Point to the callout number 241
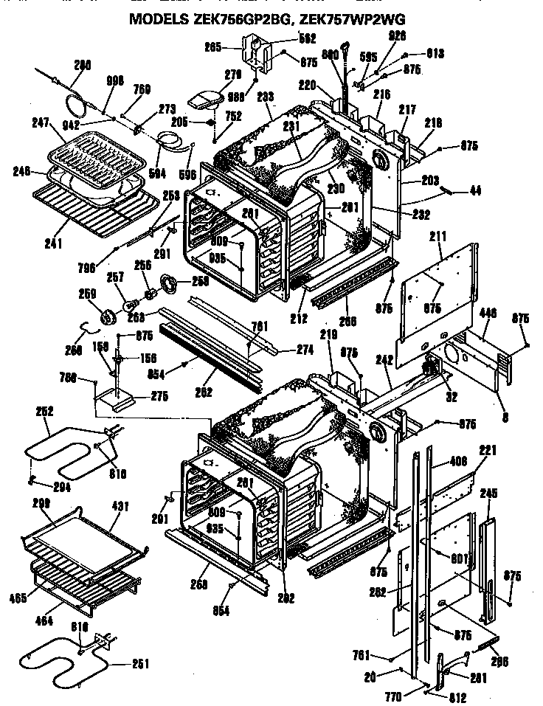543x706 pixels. coord(53,241)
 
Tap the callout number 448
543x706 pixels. coord(486,314)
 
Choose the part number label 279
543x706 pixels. coord(212,74)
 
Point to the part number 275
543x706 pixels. coord(159,396)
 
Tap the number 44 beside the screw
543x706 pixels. coord(474,191)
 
